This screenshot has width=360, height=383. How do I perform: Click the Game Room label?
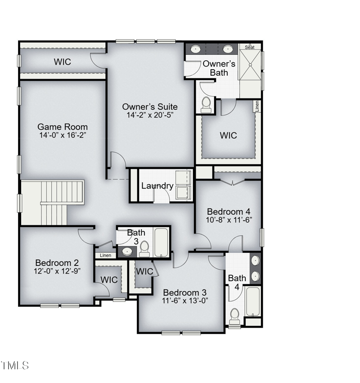[x=62, y=126]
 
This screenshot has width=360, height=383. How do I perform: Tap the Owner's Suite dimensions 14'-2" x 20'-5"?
[x=150, y=115]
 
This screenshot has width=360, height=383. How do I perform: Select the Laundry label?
[x=157, y=186]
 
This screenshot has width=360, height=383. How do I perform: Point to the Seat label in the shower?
[x=250, y=46]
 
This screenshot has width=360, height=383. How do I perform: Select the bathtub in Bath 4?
[x=252, y=301]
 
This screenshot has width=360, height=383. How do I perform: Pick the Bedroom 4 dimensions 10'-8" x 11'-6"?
[x=228, y=220]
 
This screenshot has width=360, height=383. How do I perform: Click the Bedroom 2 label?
[x=57, y=262]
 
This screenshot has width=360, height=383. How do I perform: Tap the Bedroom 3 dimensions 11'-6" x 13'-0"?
[x=185, y=300]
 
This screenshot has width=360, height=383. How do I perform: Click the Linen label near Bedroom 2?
[x=105, y=256]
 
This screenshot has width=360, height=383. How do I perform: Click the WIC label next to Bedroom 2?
[x=109, y=279]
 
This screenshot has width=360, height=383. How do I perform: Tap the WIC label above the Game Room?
[x=63, y=62]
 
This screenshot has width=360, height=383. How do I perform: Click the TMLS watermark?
[x=15, y=365]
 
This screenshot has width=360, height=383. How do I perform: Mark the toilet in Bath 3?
[x=144, y=248]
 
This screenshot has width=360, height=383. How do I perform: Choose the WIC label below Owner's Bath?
[x=228, y=135]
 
